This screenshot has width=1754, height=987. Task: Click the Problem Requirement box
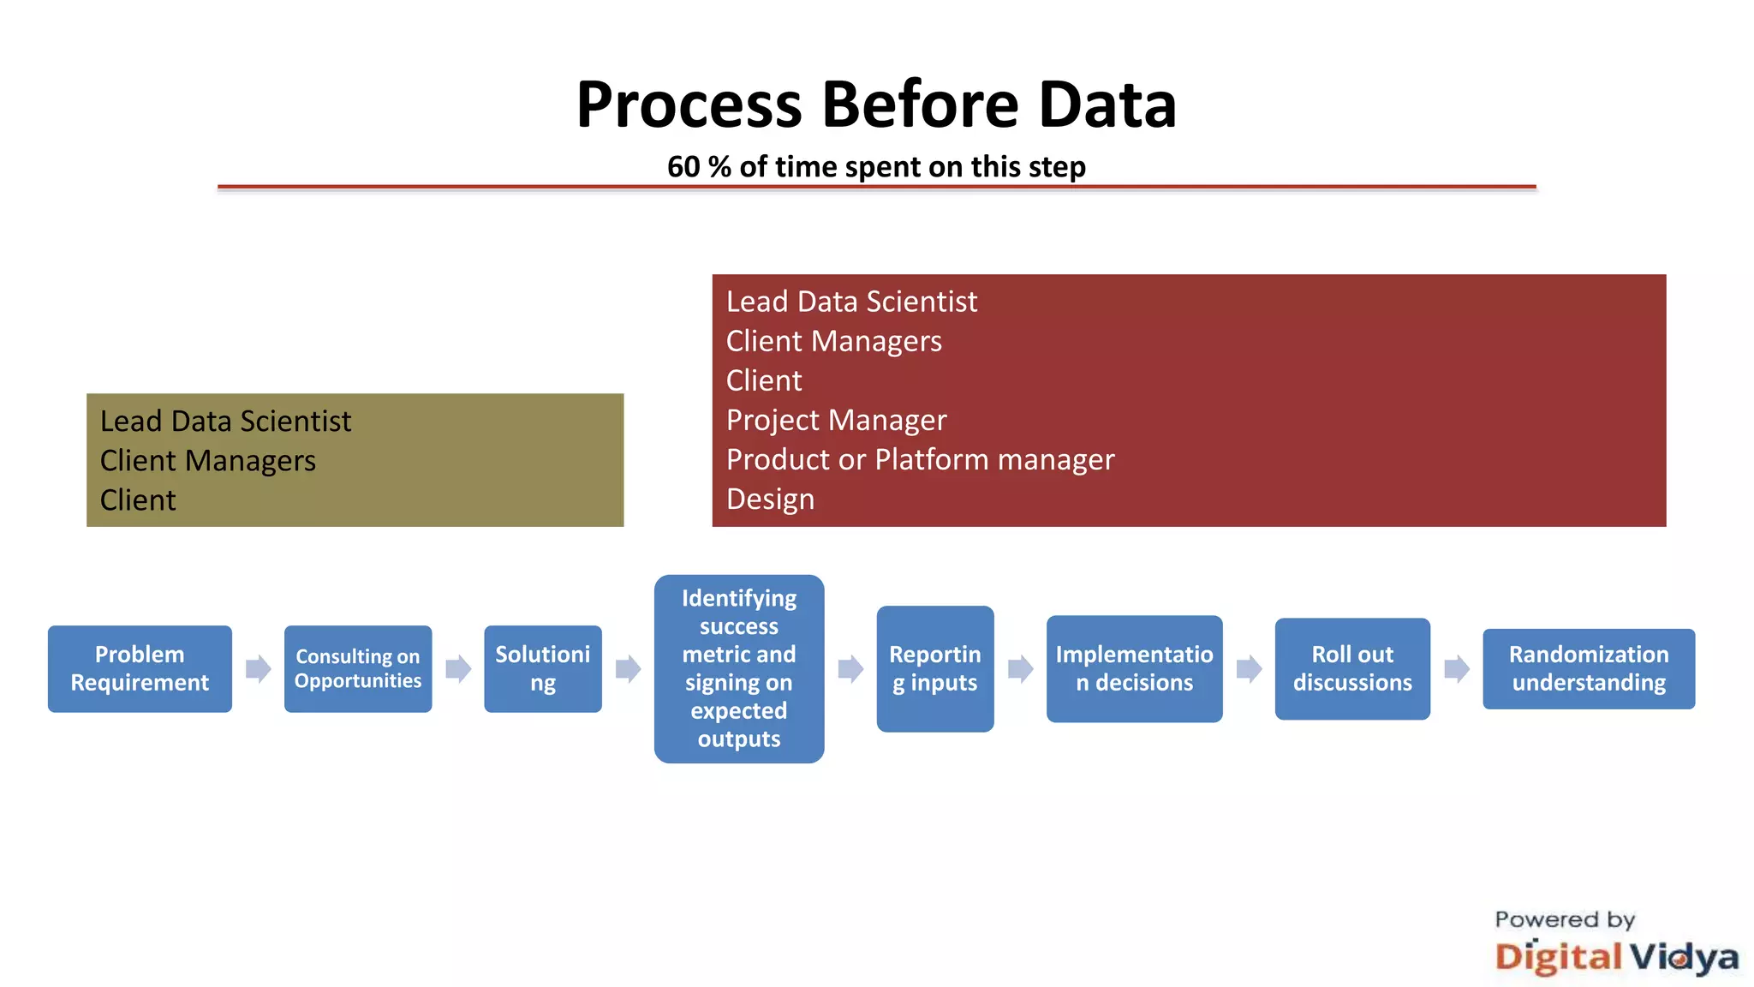140,668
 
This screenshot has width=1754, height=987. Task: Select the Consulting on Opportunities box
358,668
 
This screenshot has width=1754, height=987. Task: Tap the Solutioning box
542,668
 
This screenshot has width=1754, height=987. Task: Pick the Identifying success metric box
738,668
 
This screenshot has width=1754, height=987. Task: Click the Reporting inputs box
934,668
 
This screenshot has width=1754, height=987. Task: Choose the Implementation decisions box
1134,668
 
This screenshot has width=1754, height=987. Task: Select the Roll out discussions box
1351,668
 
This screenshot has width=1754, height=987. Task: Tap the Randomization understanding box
1588,668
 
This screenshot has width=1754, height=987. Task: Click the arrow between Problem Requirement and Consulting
258,668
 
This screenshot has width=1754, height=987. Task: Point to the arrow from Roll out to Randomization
1456,668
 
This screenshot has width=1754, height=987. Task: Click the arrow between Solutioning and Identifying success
628,668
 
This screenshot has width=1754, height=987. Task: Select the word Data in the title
1107,105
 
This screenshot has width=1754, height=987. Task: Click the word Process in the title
689,105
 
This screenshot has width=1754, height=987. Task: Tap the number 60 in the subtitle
683,166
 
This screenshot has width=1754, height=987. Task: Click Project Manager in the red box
836,420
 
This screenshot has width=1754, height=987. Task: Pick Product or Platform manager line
920,459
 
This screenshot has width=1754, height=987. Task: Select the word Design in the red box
770,499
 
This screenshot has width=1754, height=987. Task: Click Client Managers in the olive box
207,461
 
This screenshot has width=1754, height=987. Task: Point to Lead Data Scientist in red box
851,302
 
